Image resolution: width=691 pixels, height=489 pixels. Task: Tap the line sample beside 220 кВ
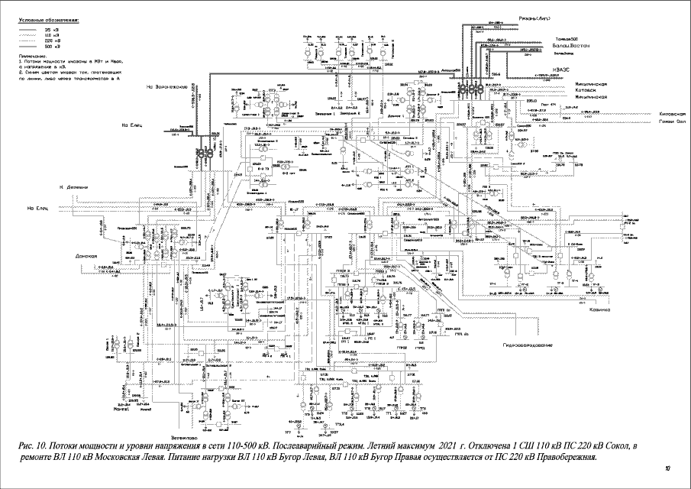(x=31, y=40)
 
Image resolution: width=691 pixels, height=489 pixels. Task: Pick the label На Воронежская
(x=166, y=87)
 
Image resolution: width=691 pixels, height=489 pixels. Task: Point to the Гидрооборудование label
(x=527, y=345)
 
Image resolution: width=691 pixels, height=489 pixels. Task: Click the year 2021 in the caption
(x=454, y=443)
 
